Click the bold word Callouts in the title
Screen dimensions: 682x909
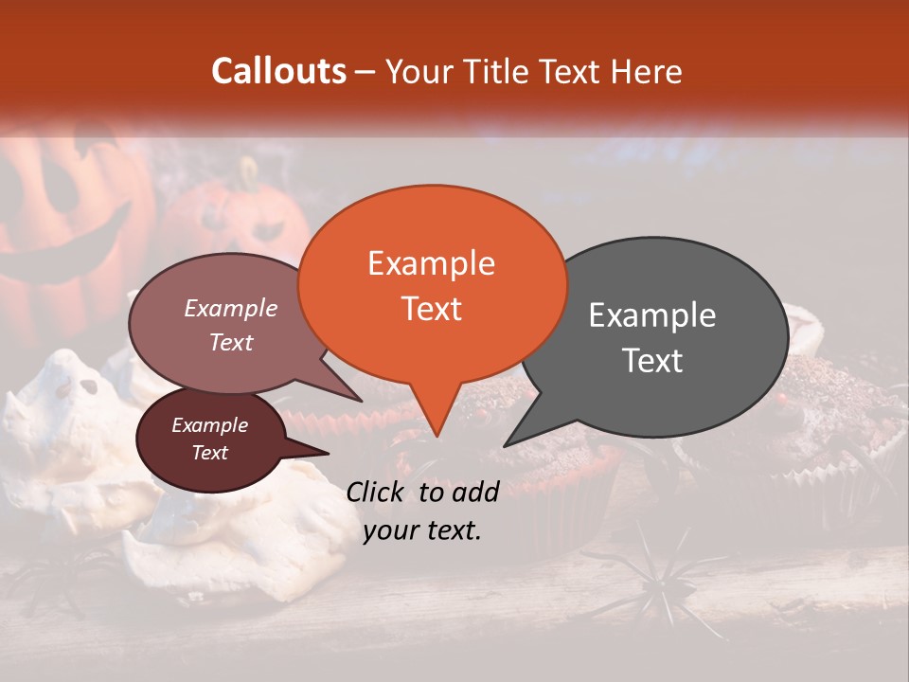pyautogui.click(x=278, y=71)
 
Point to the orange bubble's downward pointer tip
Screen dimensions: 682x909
pyautogui.click(x=436, y=435)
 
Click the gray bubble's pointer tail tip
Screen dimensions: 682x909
pyautogui.click(x=505, y=445)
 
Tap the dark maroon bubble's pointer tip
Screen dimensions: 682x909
pyautogui.click(x=329, y=453)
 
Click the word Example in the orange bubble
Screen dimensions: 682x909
pyautogui.click(x=431, y=263)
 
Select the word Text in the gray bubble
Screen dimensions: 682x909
pyautogui.click(x=653, y=361)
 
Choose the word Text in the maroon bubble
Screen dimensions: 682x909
pyautogui.click(x=210, y=453)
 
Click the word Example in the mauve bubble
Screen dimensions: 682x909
pyautogui.click(x=230, y=309)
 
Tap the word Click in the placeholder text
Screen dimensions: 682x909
pyautogui.click(x=376, y=492)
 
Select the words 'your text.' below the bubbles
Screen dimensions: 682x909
pyautogui.click(x=422, y=530)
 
